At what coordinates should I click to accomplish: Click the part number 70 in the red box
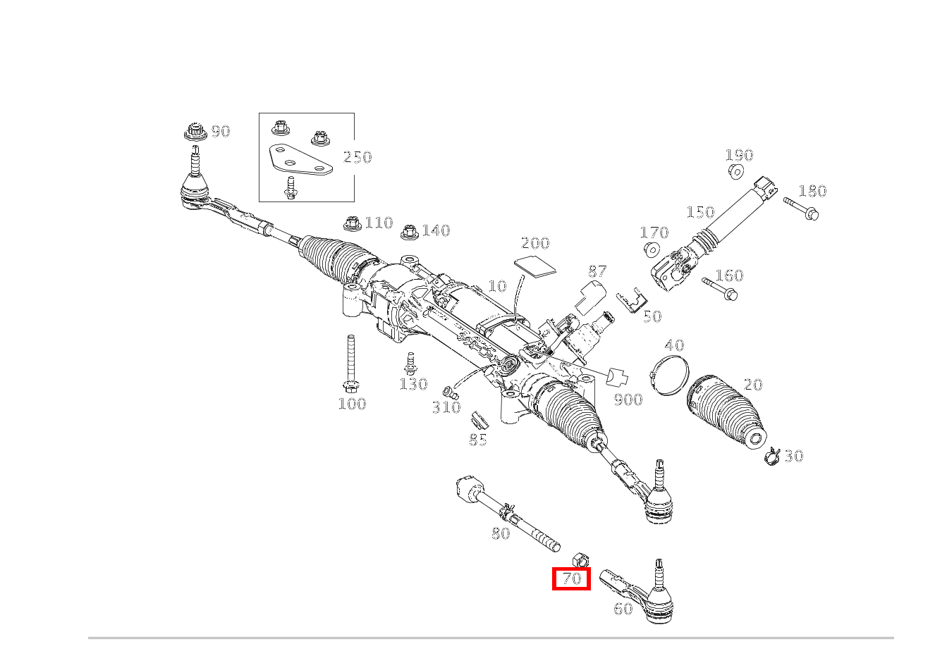click(x=571, y=578)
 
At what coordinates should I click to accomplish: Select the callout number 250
click(x=357, y=157)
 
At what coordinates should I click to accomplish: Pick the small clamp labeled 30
click(x=772, y=456)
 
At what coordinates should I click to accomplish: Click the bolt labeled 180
click(x=801, y=209)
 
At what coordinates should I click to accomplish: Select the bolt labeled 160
click(x=720, y=289)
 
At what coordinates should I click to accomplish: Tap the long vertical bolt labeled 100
click(x=351, y=363)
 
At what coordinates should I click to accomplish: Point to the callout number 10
click(x=497, y=286)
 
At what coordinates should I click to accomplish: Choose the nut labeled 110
click(x=353, y=223)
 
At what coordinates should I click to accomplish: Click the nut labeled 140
click(x=409, y=233)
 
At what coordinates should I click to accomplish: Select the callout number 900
click(x=628, y=399)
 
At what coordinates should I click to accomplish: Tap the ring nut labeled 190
click(x=737, y=171)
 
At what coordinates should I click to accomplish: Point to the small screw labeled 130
click(x=410, y=364)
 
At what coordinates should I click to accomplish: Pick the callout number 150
click(x=700, y=212)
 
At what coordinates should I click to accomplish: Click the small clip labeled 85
click(x=479, y=420)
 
